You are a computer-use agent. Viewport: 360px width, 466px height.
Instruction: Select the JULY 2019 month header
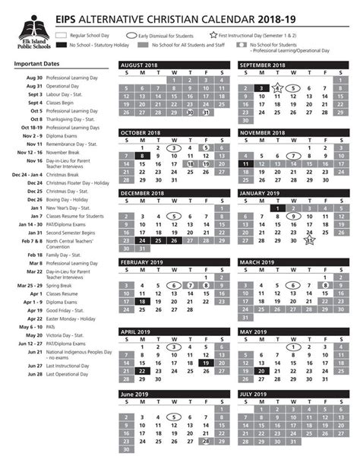[258, 394]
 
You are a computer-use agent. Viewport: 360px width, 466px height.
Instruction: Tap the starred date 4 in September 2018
[277, 87]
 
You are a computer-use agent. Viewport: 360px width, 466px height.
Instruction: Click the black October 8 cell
[142, 155]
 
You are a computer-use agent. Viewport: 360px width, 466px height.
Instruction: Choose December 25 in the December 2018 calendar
[158, 241]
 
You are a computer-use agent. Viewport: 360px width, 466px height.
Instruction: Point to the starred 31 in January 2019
[310, 241]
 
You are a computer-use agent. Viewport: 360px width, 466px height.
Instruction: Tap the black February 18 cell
[142, 301]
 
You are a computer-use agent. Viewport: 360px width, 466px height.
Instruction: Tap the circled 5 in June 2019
[174, 417]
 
